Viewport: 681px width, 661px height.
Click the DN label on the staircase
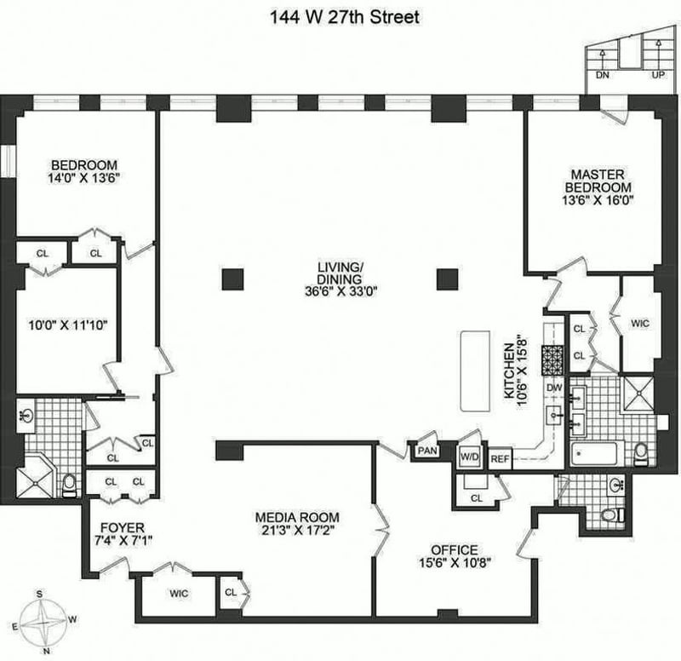point(603,75)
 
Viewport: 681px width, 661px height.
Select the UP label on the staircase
point(657,75)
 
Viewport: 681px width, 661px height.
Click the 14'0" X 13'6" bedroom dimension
point(84,180)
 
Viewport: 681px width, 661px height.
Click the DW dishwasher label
point(555,388)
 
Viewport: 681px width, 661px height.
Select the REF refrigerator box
point(499,457)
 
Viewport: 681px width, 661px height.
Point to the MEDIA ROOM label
point(297,517)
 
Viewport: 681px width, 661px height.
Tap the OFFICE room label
point(454,549)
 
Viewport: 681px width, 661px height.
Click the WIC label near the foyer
point(179,593)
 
